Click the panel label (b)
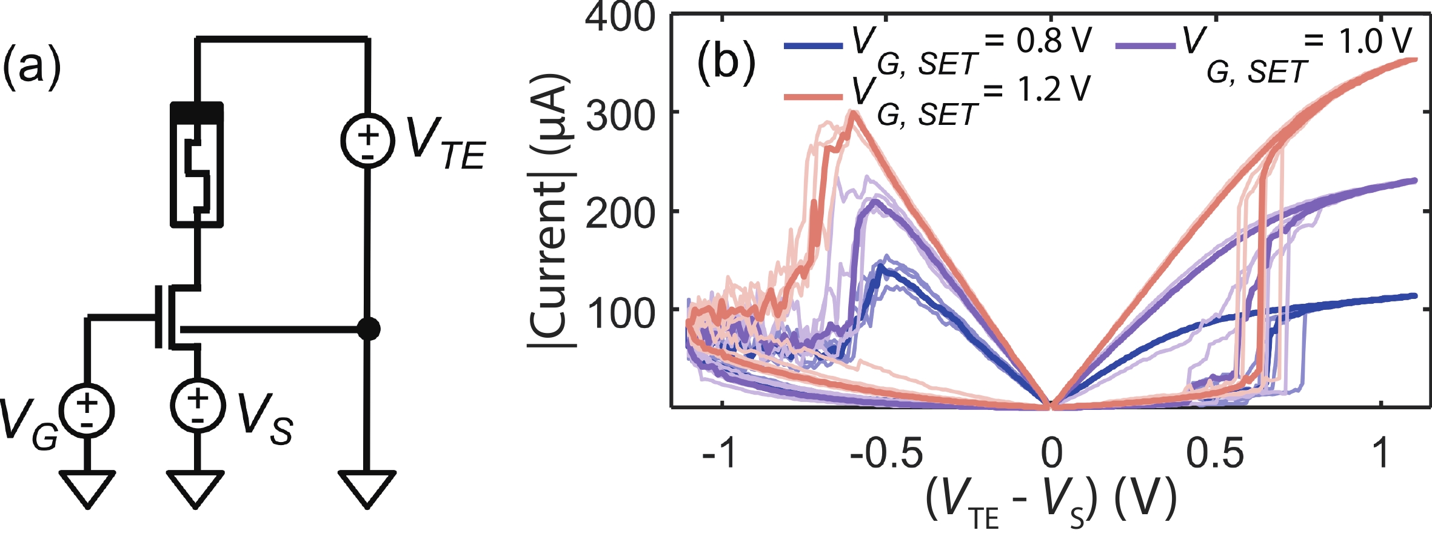click(726, 62)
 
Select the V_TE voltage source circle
click(367, 140)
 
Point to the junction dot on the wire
click(368, 329)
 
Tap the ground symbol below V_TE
click(367, 489)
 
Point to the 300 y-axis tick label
click(620, 115)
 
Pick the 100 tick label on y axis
click(620, 312)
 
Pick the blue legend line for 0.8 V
click(813, 45)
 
